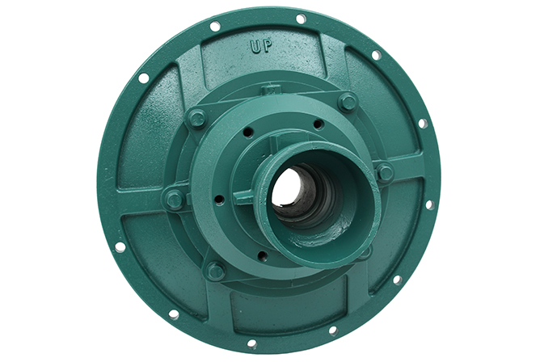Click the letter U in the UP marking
point(255,46)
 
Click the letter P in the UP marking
point(267,46)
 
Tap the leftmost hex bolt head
point(174,200)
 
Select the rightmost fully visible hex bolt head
point(385,172)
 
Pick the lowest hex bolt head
point(215,270)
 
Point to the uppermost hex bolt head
point(347,102)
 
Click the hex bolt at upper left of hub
point(197,118)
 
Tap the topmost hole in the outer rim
point(301,19)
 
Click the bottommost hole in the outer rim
point(252,343)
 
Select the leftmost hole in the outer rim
point(120,247)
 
